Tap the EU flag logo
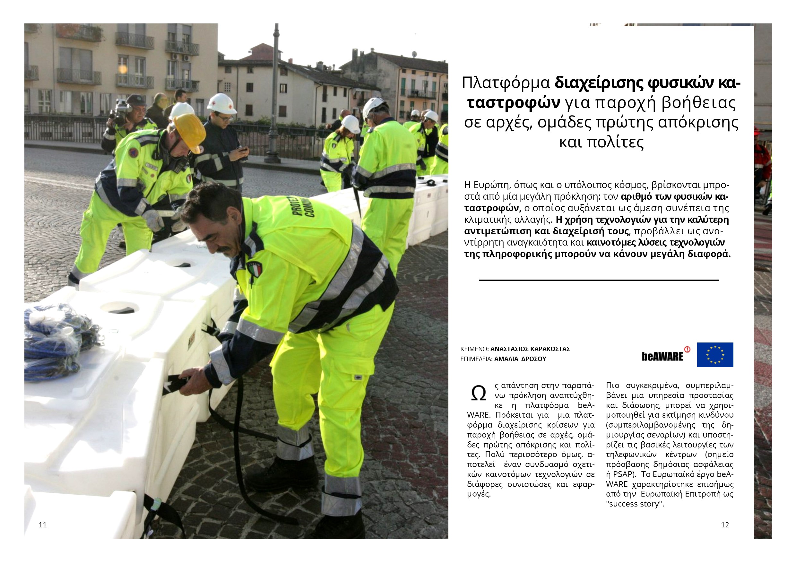(715, 355)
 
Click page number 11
(43, 525)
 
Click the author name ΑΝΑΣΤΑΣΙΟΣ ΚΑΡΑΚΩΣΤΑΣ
(530, 349)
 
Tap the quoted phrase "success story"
(635, 504)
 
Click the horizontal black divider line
(599, 280)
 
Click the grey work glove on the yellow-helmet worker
(152, 220)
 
